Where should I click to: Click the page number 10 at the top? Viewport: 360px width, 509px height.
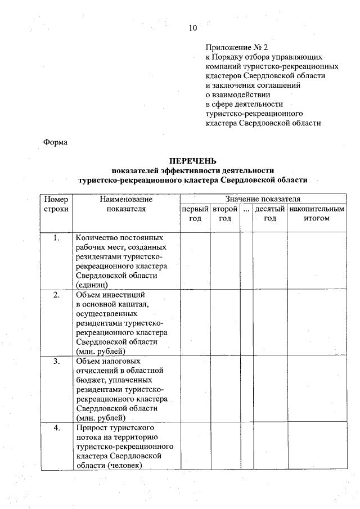193,28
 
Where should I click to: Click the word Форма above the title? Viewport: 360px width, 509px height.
55,142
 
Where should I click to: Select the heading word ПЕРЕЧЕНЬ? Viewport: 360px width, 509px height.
193,161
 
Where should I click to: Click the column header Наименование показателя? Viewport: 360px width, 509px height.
126,204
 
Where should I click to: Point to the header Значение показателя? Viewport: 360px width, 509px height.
263,199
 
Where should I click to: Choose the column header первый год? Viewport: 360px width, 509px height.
195,214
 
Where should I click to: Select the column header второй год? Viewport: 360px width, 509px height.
225,214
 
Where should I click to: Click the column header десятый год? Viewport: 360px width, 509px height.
270,214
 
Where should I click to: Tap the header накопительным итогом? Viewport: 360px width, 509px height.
316,214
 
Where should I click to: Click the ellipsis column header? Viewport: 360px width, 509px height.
246,209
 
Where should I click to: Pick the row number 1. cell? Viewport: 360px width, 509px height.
56,238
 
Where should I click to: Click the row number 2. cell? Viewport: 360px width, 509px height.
56,295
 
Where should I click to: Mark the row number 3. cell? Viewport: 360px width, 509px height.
56,361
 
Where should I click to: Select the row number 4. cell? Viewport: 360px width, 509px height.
56,428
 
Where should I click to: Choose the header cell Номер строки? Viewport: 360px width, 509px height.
56,204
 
